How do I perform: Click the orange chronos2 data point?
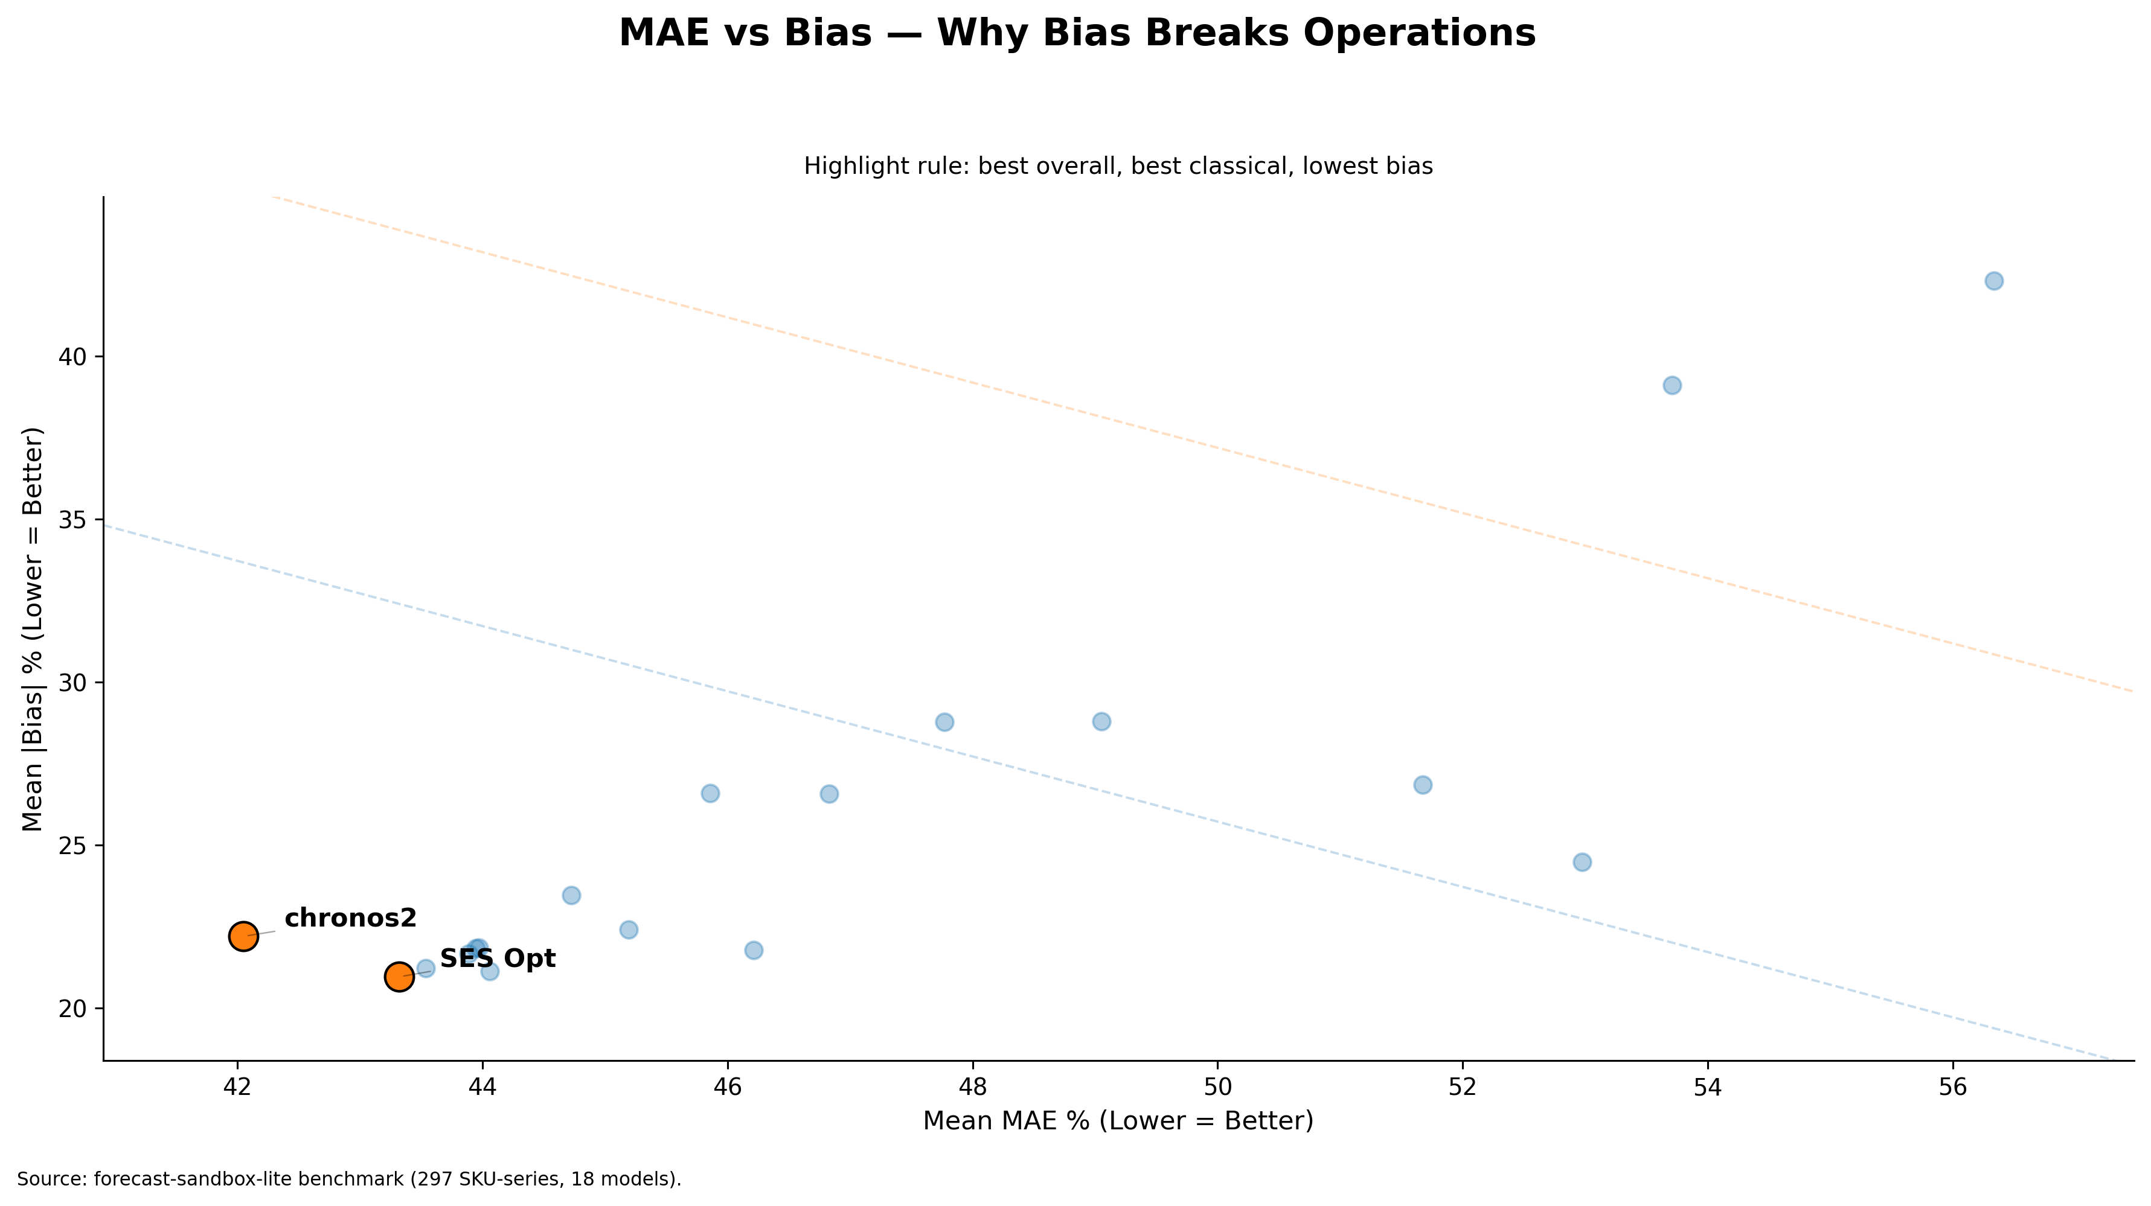pos(243,936)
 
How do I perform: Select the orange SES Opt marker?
pos(399,977)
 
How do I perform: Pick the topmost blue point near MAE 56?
pos(1994,281)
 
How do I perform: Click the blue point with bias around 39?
pos(1672,384)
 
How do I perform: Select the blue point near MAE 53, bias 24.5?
pos(1582,862)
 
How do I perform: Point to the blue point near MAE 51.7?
pos(1423,785)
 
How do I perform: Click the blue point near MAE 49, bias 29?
pos(1101,721)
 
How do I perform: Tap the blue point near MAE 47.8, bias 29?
pos(944,722)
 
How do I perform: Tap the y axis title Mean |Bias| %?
pos(32,630)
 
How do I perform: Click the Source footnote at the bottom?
pos(349,1179)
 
